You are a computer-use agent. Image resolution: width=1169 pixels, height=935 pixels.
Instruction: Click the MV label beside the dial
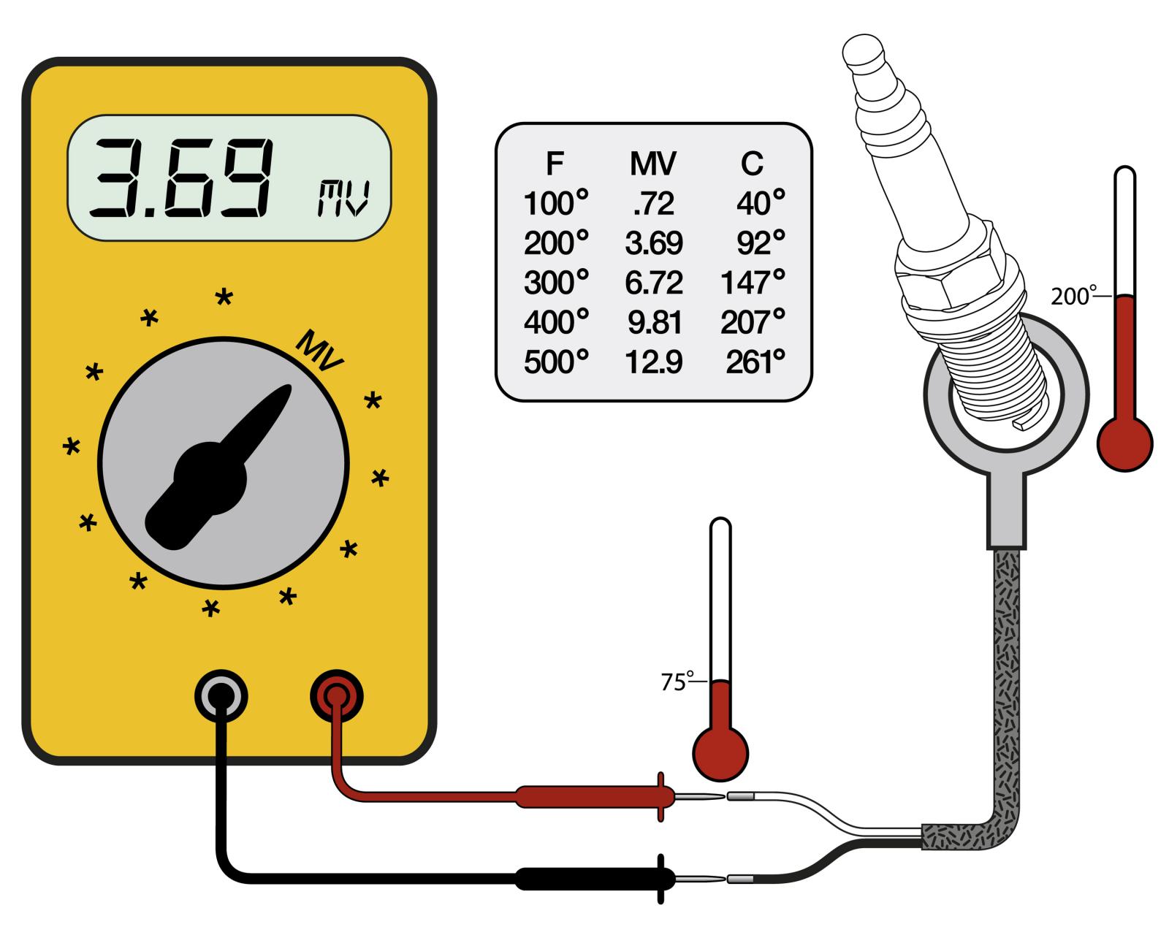pos(320,351)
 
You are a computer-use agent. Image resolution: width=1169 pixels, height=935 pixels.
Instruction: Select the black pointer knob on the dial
pos(212,475)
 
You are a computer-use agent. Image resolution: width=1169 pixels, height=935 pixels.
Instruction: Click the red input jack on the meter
pos(337,695)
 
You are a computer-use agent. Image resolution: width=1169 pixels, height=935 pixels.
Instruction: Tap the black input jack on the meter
pos(221,695)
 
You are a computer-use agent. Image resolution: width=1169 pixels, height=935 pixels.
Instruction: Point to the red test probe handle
pos(584,796)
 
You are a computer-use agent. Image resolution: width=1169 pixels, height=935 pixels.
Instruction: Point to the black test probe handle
pos(584,878)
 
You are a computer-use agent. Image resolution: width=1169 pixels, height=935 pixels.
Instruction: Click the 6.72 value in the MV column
pos(654,282)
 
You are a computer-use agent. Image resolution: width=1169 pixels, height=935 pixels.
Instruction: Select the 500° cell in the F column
pos(556,362)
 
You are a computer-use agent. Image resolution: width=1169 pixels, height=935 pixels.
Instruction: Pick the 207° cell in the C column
pos(753,321)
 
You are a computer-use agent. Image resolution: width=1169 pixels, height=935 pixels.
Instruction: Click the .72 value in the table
pos(654,203)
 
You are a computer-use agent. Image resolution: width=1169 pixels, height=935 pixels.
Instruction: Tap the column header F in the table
pos(555,164)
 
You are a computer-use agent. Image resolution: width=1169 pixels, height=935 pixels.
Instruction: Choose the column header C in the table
pos(752,164)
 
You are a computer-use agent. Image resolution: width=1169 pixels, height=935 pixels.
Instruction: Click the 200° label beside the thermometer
pos(1073,297)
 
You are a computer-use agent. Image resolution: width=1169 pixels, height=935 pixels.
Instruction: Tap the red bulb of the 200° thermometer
pos(1124,443)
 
